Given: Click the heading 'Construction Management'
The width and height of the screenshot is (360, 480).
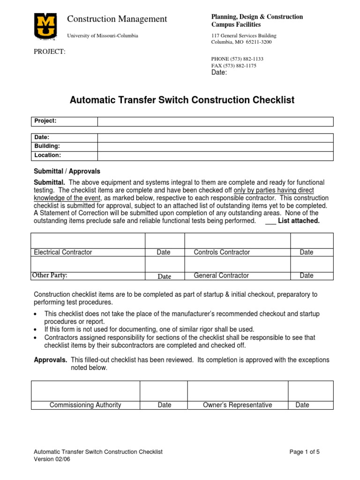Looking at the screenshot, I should pos(117,19).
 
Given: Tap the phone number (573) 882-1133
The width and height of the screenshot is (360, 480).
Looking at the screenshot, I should pos(238,59).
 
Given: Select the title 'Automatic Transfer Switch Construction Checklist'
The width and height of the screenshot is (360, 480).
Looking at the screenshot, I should pos(182,100).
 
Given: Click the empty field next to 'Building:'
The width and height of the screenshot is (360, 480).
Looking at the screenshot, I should pos(215,146).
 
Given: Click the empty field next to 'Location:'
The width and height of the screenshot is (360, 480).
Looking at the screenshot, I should pos(215,155).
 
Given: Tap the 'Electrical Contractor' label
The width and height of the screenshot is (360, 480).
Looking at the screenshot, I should pos(63,252).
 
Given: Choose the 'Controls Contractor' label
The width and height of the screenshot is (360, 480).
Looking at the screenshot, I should pos(222,252).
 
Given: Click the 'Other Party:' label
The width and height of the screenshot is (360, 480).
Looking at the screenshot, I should pos(52,275).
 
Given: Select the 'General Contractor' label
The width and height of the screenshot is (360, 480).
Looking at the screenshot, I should pos(221,276).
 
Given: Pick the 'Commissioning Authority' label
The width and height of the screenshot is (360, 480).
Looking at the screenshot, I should pos(85,405).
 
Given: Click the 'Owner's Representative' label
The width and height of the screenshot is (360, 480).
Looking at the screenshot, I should pos(237,405).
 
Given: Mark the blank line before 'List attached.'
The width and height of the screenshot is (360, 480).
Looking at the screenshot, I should pos(270,221).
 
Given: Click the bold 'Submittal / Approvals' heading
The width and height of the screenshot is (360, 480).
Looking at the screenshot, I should pos(67,172).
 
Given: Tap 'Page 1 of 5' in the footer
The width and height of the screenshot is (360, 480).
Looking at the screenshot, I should pos(305,452).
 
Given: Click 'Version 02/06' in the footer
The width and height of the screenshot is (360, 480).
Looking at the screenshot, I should pos(52,459).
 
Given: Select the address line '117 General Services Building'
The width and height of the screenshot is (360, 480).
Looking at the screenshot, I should pos(244,36).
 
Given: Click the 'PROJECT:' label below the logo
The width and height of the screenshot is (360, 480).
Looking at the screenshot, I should pos(49,52).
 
